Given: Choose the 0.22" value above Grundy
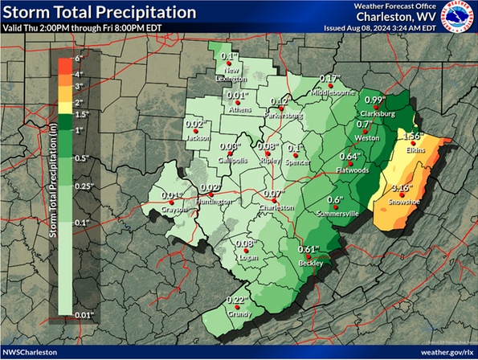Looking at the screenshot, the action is (235, 301).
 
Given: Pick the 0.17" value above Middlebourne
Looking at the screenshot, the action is (330, 79).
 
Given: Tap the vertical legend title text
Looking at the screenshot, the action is (54, 187).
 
